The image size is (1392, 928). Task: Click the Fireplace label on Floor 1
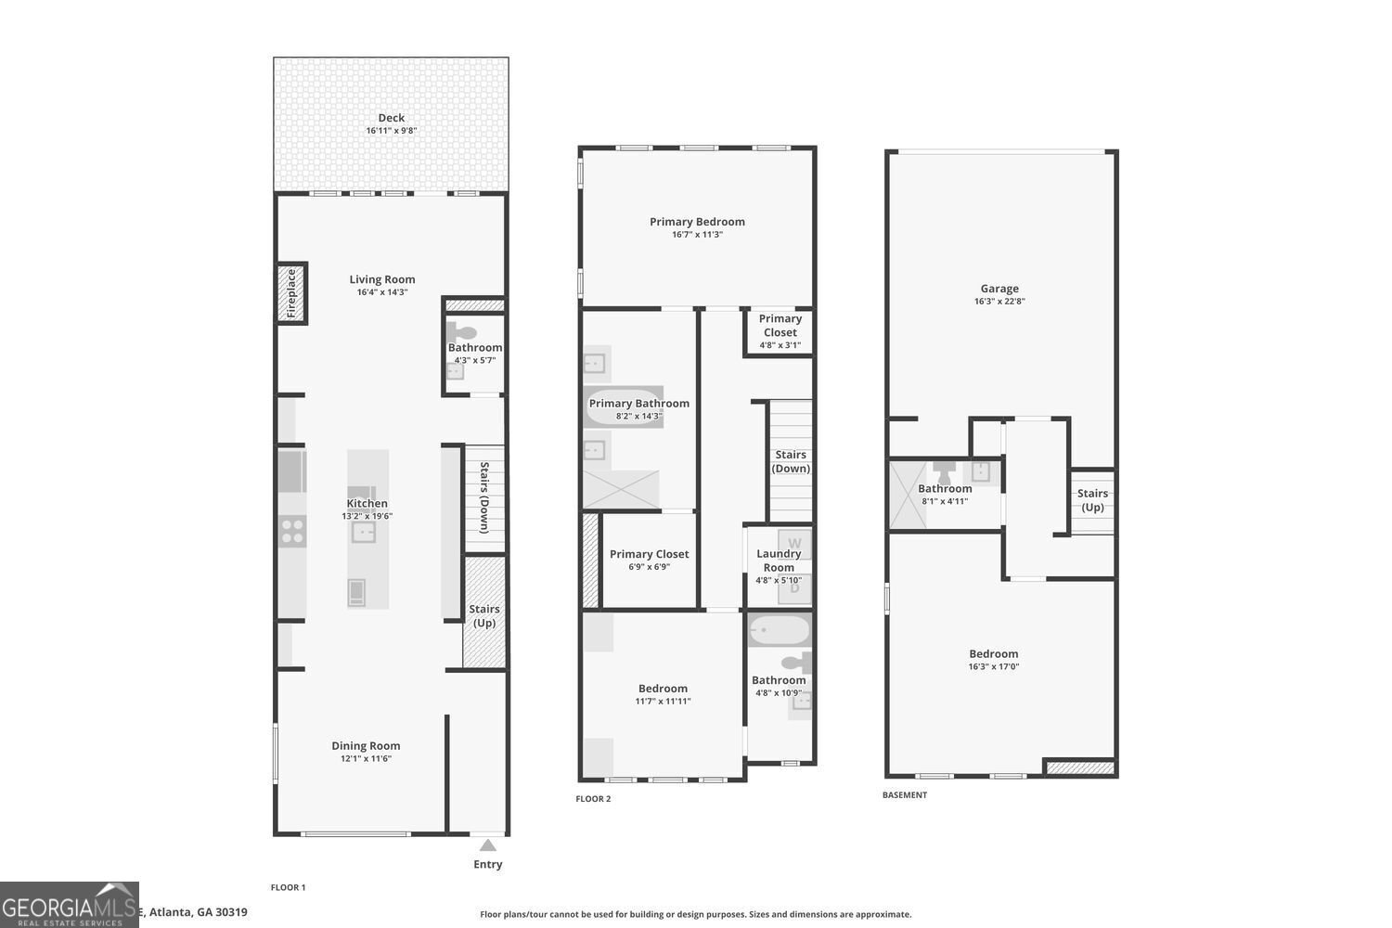[291, 293]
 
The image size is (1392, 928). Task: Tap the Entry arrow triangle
[487, 844]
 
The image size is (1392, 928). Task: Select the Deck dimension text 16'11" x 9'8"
[391, 131]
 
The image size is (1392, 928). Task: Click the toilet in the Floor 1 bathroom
[462, 332]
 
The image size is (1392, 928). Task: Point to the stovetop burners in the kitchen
[292, 531]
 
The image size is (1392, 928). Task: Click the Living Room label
[382, 279]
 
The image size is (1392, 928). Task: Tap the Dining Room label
[366, 745]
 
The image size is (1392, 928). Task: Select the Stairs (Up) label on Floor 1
[484, 615]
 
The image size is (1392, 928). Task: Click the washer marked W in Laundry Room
[794, 543]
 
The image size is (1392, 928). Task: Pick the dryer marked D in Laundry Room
[794, 588]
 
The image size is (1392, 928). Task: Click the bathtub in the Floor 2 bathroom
[780, 631]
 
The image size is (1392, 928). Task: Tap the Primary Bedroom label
[697, 222]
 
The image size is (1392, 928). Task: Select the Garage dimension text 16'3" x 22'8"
[999, 301]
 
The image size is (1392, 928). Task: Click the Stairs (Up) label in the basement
[1092, 500]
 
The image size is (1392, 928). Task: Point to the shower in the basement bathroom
[907, 495]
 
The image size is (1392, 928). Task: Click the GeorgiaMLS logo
[70, 905]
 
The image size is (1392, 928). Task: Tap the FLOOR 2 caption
[593, 799]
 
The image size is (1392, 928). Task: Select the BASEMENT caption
[904, 795]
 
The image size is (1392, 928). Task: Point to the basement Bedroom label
[994, 653]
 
